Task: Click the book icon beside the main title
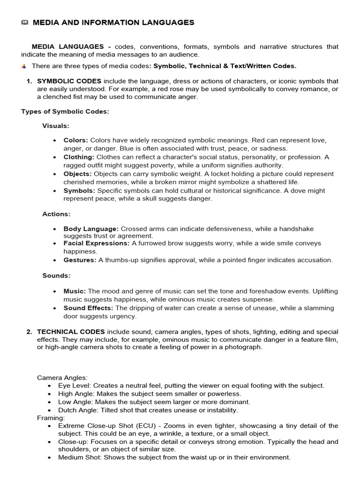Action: pyautogui.click(x=25, y=22)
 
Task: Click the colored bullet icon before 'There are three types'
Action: pyautogui.click(x=24, y=67)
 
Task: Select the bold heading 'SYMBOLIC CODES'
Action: pyautogui.click(x=69, y=81)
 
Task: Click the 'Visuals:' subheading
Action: pyautogui.click(x=56, y=126)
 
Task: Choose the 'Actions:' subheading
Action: pyautogui.click(x=56, y=214)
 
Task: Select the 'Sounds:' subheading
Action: pyautogui.click(x=56, y=276)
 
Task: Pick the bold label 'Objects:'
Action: pyautogui.click(x=78, y=174)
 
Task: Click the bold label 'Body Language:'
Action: pyautogui.click(x=91, y=229)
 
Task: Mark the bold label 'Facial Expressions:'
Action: pyautogui.click(x=97, y=244)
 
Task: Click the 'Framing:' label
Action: pyautogui.click(x=51, y=417)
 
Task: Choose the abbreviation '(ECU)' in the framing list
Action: pyautogui.click(x=134, y=426)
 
